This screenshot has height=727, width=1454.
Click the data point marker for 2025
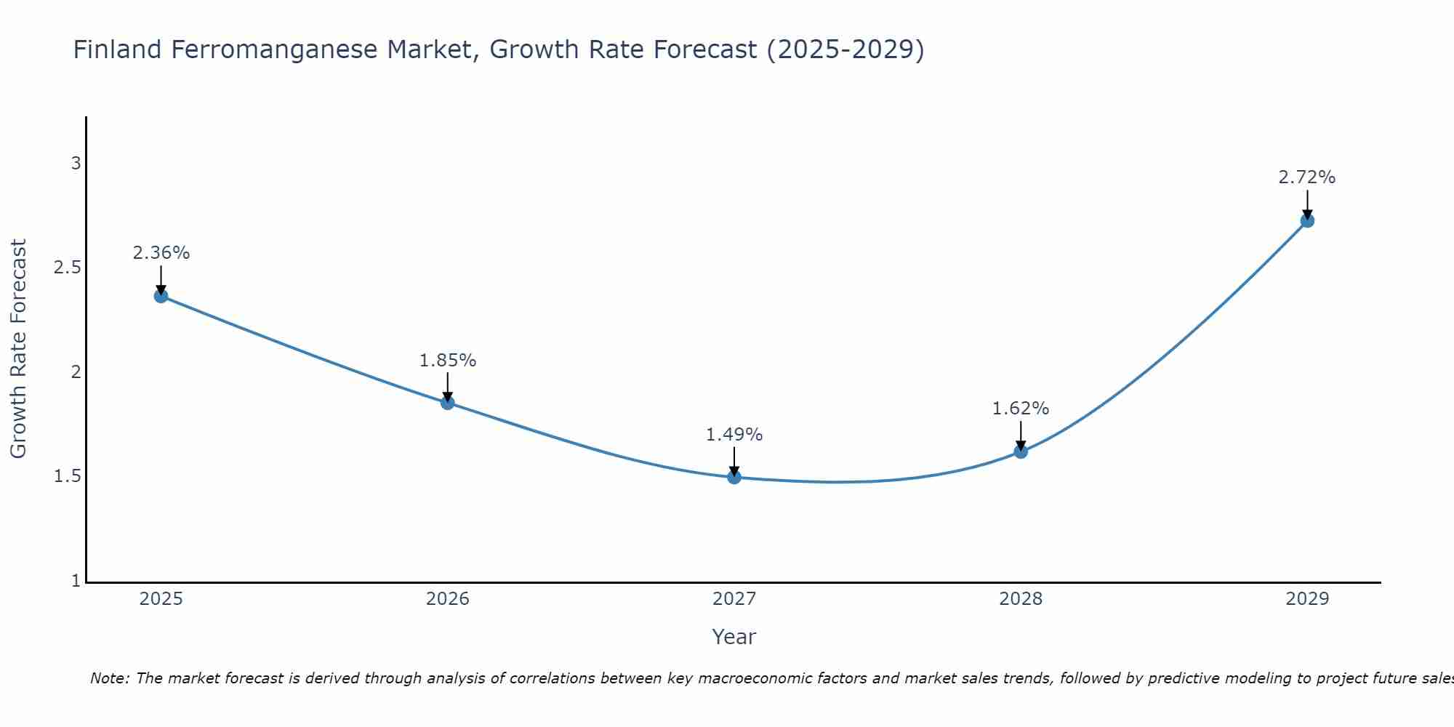tap(161, 296)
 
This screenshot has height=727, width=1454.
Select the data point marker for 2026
tap(448, 403)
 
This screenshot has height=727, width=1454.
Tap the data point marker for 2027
tap(734, 478)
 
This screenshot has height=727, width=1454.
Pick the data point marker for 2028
tap(1021, 451)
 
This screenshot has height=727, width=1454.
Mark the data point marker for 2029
tap(1307, 220)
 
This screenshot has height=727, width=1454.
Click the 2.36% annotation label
tap(161, 253)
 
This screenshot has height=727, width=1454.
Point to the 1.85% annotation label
tap(448, 361)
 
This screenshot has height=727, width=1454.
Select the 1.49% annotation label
tap(734, 435)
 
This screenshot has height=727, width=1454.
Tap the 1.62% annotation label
tap(1021, 409)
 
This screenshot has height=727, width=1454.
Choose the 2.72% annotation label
tap(1307, 177)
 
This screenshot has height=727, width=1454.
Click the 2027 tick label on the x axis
tap(734, 599)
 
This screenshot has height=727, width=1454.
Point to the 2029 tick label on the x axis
tap(1307, 599)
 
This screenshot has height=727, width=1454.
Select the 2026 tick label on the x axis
tap(448, 599)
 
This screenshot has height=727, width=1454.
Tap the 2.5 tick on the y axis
tap(68, 268)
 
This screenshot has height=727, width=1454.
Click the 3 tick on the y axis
tap(76, 164)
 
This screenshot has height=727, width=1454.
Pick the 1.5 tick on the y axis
tap(68, 477)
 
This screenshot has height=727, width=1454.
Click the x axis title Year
tap(734, 637)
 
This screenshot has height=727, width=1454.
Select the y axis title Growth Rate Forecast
tap(19, 349)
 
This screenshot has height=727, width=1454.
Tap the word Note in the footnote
tap(109, 678)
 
